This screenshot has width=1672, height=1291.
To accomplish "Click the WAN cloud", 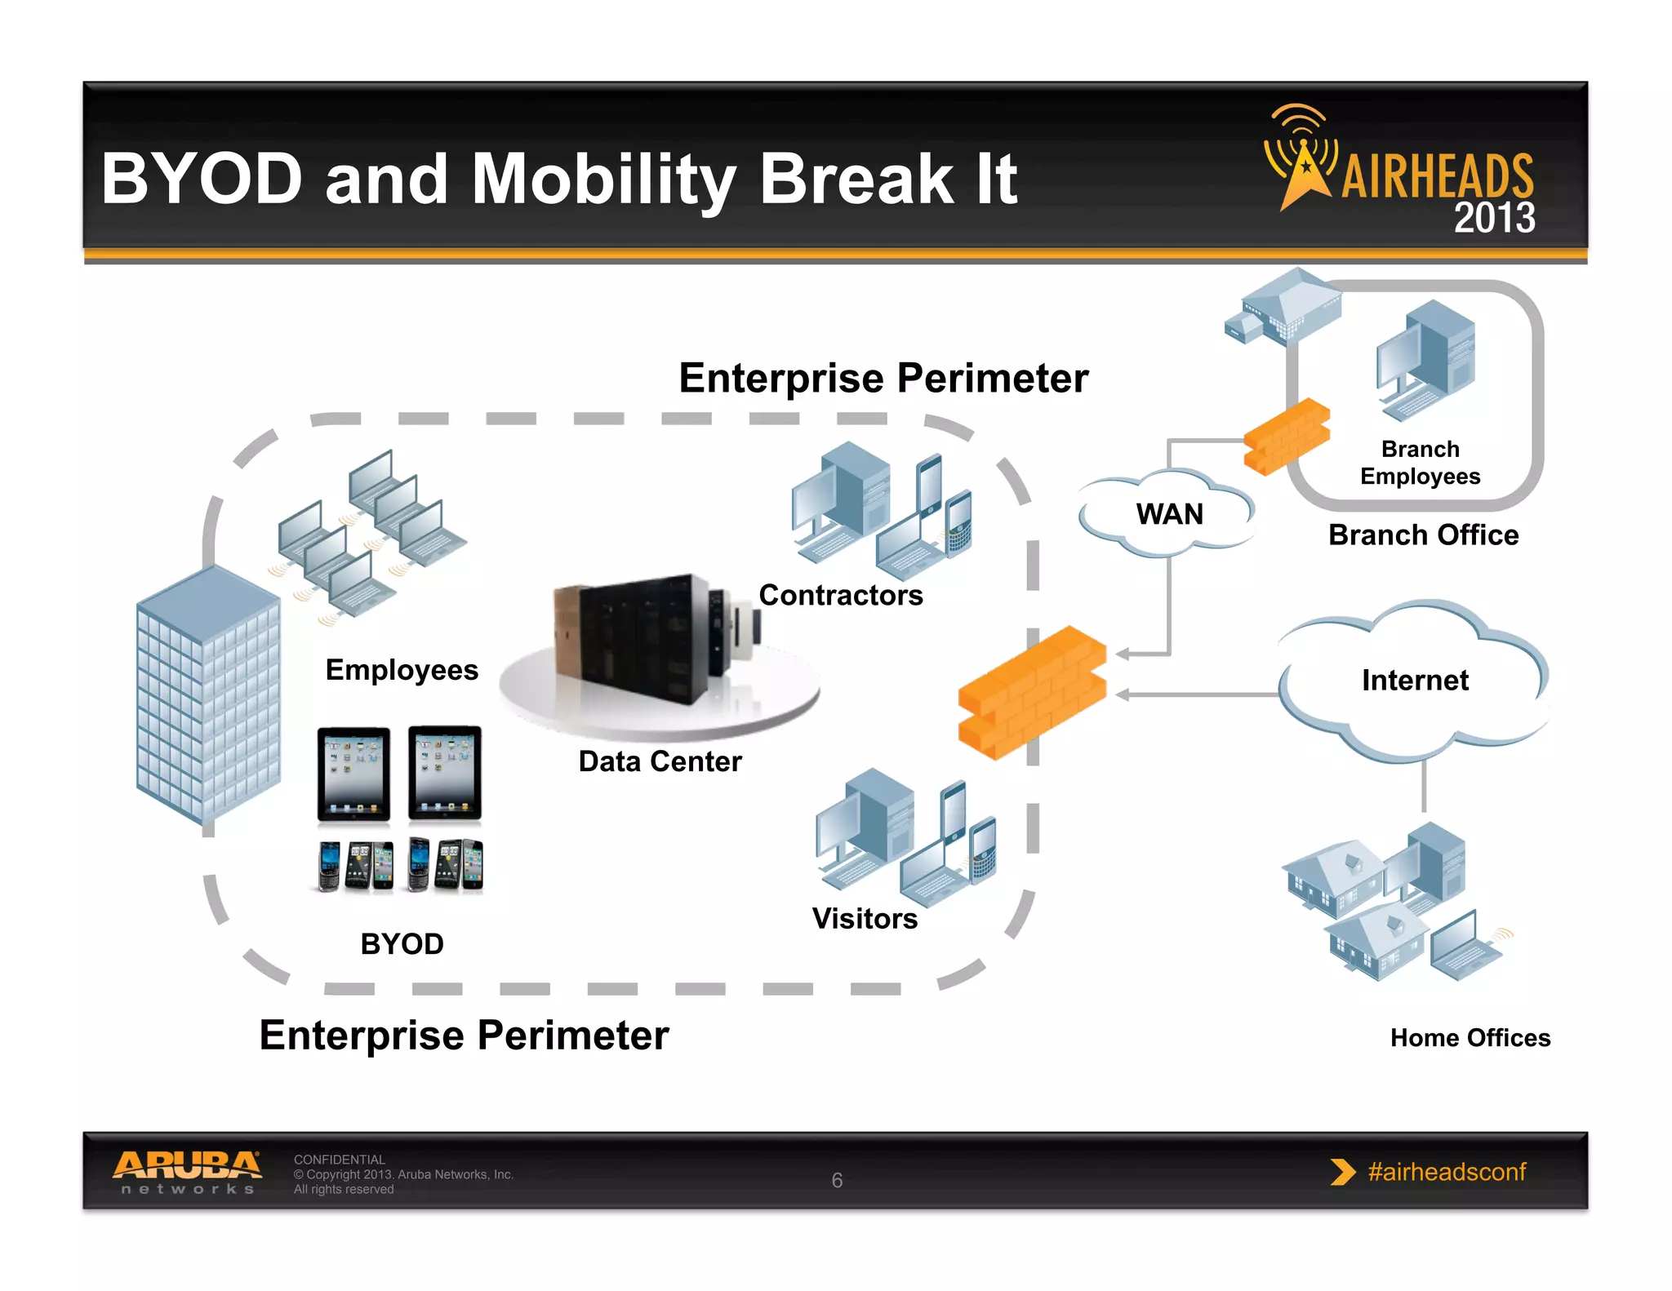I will click(1168, 513).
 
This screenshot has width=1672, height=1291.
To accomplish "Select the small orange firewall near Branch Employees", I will click(1286, 437).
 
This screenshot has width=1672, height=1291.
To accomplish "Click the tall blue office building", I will click(207, 694).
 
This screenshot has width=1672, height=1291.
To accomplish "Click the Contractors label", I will click(840, 595).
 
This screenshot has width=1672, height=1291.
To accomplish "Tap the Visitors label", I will click(864, 918).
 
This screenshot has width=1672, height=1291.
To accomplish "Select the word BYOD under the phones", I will click(402, 943).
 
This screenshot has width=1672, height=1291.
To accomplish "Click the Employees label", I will click(402, 669).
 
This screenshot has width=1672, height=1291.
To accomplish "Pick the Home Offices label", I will click(1470, 1037).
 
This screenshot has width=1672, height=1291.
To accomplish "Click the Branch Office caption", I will click(1423, 535).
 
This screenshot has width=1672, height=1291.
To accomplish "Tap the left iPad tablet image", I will click(354, 773).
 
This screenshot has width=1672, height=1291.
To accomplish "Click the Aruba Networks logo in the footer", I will click(187, 1172).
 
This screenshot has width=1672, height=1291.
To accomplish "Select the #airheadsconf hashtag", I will click(1446, 1172).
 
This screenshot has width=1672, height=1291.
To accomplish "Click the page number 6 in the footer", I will click(837, 1180).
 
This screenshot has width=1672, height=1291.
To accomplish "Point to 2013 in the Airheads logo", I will click(1494, 218).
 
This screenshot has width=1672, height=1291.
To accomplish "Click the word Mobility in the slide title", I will click(604, 180).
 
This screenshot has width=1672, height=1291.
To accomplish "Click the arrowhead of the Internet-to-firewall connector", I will click(1122, 694).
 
